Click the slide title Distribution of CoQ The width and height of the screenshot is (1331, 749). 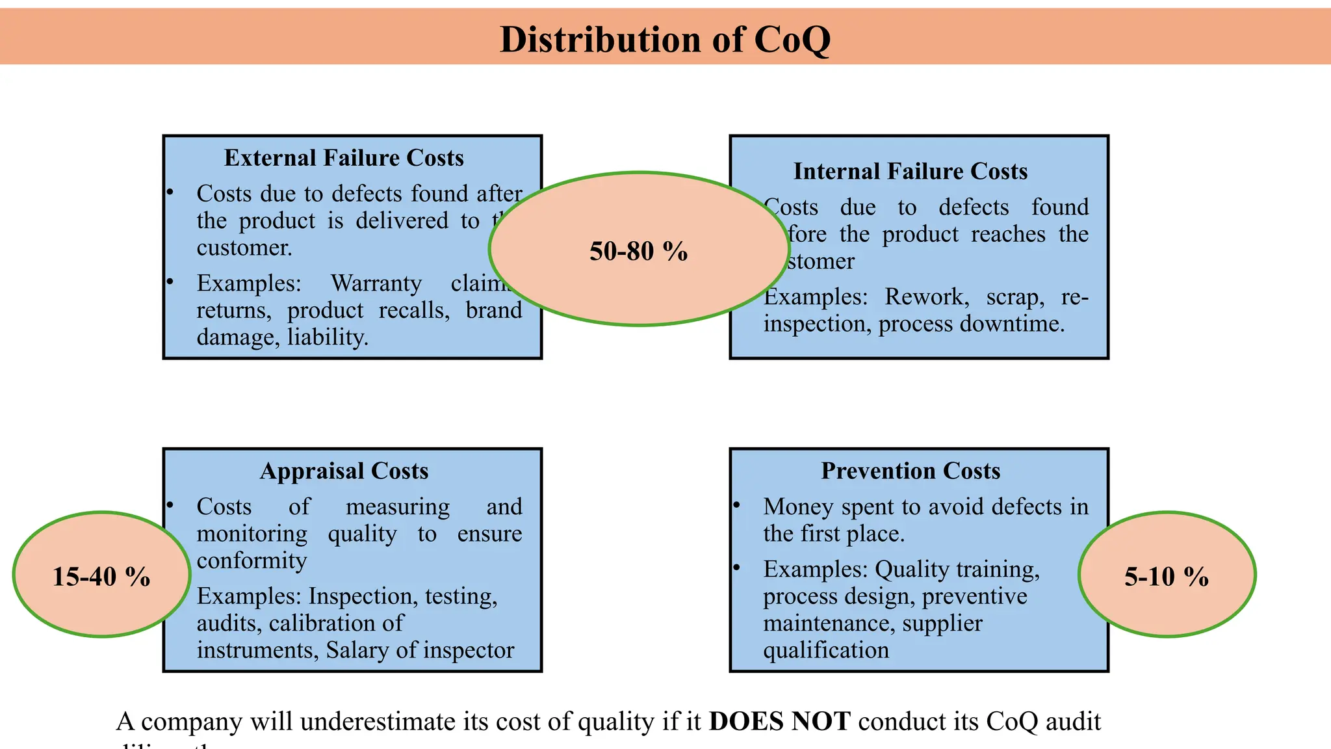pos(665,39)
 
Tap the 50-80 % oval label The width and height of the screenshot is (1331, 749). pos(638,251)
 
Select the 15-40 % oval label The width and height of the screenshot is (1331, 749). pos(101,576)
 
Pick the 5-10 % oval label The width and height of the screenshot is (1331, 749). pos(1167,576)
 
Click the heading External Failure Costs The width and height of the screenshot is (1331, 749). pos(344,158)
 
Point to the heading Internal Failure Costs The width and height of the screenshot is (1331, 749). pos(910,171)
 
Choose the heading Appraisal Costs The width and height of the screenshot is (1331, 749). pos(344,471)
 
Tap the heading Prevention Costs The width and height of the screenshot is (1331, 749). pos(910,471)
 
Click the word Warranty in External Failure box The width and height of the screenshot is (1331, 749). pos(376,283)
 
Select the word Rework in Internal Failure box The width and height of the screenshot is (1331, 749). pos(926,297)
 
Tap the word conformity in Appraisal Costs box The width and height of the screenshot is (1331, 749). pos(252,560)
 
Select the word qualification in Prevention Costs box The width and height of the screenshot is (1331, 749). pos(825,650)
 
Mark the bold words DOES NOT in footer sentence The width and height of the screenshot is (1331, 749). pos(779,722)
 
